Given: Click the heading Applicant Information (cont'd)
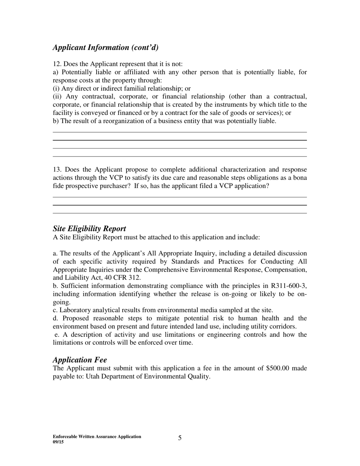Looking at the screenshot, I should [105, 47].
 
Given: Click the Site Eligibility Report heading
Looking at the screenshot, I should [89, 228].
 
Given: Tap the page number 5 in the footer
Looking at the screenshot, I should [180, 438].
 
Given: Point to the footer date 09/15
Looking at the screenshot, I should [58, 442].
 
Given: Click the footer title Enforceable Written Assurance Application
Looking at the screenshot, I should [97, 436].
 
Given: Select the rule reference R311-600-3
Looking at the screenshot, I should [288, 286].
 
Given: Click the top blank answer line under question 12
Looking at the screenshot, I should [180, 132].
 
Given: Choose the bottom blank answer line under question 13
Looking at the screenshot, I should [180, 213].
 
